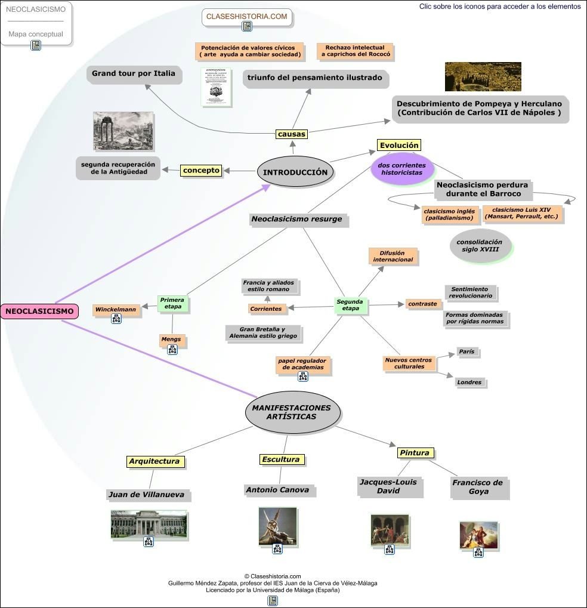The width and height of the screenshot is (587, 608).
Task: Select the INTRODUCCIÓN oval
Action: tap(295, 172)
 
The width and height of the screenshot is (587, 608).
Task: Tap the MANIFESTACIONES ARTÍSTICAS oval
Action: tap(292, 412)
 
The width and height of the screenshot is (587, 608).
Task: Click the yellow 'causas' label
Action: tap(292, 134)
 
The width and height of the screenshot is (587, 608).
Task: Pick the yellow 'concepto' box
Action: tap(201, 171)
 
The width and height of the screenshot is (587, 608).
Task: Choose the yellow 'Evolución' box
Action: tap(399, 145)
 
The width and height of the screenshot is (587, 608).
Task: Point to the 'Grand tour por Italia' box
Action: tap(133, 74)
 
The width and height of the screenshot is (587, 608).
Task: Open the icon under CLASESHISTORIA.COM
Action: tap(247, 27)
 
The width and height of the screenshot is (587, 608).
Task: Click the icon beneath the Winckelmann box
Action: tap(116, 319)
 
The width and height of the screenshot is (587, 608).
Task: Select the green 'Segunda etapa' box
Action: tap(350, 305)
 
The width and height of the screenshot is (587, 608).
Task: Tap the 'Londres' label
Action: tap(469, 382)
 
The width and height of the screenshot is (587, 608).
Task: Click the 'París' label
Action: tap(467, 352)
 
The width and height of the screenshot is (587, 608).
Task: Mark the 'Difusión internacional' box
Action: tap(393, 257)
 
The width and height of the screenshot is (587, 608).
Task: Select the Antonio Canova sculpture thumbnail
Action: tap(277, 525)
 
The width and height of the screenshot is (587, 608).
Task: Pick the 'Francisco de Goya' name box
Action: tap(477, 487)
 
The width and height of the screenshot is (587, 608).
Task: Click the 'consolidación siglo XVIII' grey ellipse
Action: tap(480, 246)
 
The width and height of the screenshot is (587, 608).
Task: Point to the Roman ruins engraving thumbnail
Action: tap(123, 131)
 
